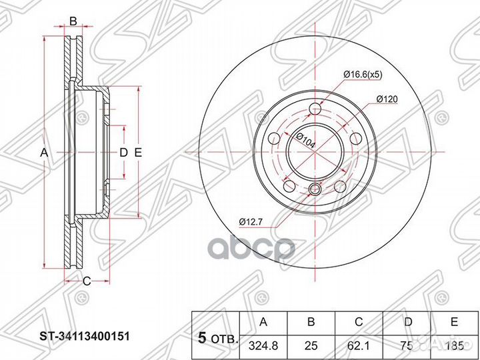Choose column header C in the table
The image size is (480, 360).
359,322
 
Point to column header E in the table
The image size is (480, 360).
454,322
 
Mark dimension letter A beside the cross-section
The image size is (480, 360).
44,153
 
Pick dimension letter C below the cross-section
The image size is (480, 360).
86,280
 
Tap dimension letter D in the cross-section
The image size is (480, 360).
123,153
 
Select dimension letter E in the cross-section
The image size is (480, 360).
138,153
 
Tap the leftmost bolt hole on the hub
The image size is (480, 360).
274,139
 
